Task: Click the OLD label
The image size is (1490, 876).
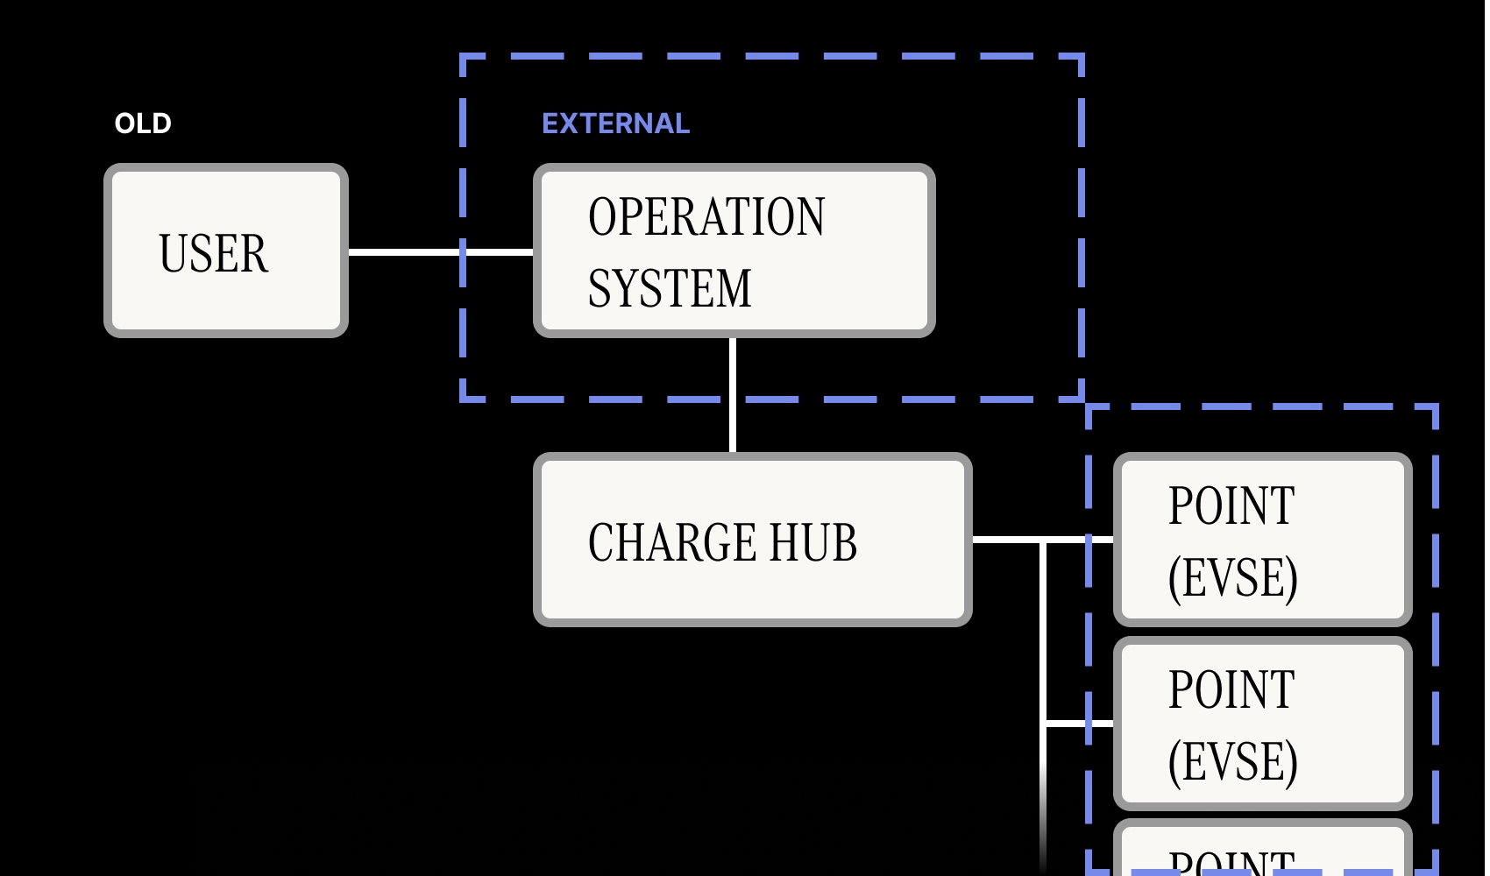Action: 143,124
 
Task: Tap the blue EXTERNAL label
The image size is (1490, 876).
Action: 615,124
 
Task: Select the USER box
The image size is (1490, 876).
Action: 226,251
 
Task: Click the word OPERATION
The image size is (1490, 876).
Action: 706,216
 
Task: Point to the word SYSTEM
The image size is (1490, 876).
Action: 670,288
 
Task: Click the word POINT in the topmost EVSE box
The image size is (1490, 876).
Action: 1231,505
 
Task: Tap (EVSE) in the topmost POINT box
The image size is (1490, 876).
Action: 1232,577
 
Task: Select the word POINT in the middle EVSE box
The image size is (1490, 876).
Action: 1231,689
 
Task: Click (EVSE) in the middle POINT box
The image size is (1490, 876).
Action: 1232,761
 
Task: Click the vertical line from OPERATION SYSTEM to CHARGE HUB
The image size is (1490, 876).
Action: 732,394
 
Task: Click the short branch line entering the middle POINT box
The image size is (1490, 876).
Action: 1078,724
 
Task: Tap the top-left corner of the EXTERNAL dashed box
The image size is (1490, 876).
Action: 463,57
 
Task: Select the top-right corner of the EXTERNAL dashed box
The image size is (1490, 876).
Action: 1082,57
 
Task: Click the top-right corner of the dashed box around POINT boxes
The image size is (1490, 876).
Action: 1435,407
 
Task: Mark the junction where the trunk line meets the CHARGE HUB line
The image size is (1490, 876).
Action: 1043,541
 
